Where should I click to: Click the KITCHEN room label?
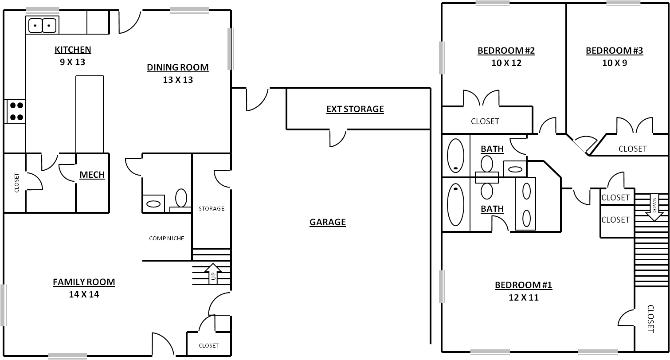coord(73,50)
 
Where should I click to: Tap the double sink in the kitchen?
coord(42,25)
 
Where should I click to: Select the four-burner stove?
coord(15,111)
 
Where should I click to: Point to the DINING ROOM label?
coord(178,67)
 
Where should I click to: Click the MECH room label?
coord(92,175)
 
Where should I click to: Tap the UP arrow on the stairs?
coord(213,273)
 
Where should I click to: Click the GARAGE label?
coord(328,222)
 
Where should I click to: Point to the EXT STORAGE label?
coord(355,109)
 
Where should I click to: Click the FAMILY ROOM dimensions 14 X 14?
coord(84,294)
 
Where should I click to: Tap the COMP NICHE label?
coord(167,239)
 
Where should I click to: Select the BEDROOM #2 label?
coord(506,51)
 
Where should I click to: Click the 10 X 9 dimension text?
coord(615,63)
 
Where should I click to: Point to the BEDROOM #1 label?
coord(523,285)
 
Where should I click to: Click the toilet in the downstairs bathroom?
coord(181,199)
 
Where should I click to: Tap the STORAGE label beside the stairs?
coord(212,209)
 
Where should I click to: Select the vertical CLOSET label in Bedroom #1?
coord(650,319)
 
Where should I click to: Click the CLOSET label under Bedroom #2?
coord(485,121)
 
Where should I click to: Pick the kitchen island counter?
coord(90,114)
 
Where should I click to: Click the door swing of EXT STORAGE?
coord(338,139)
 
